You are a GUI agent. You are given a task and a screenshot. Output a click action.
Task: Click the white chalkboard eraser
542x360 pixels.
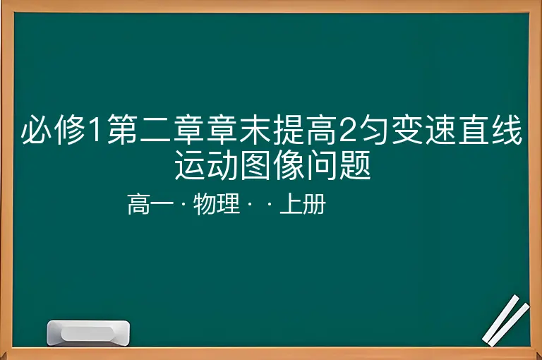click(88, 332)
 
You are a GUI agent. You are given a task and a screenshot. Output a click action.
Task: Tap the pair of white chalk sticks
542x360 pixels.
click(506, 321)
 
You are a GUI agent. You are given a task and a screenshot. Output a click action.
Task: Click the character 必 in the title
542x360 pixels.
click(36, 129)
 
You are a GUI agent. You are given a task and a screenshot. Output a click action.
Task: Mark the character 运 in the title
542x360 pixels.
click(191, 164)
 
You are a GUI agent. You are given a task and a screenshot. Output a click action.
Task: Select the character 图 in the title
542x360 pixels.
click(256, 164)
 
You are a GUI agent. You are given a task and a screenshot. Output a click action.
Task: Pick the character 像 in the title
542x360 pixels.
click(289, 164)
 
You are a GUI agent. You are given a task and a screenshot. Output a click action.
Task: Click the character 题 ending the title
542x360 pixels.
click(356, 164)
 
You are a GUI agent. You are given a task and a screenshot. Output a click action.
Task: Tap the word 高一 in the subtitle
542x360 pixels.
click(150, 204)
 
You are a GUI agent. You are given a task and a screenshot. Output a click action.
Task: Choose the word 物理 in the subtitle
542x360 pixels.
click(217, 204)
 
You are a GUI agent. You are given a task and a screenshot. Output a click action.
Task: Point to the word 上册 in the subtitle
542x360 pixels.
click(303, 204)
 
